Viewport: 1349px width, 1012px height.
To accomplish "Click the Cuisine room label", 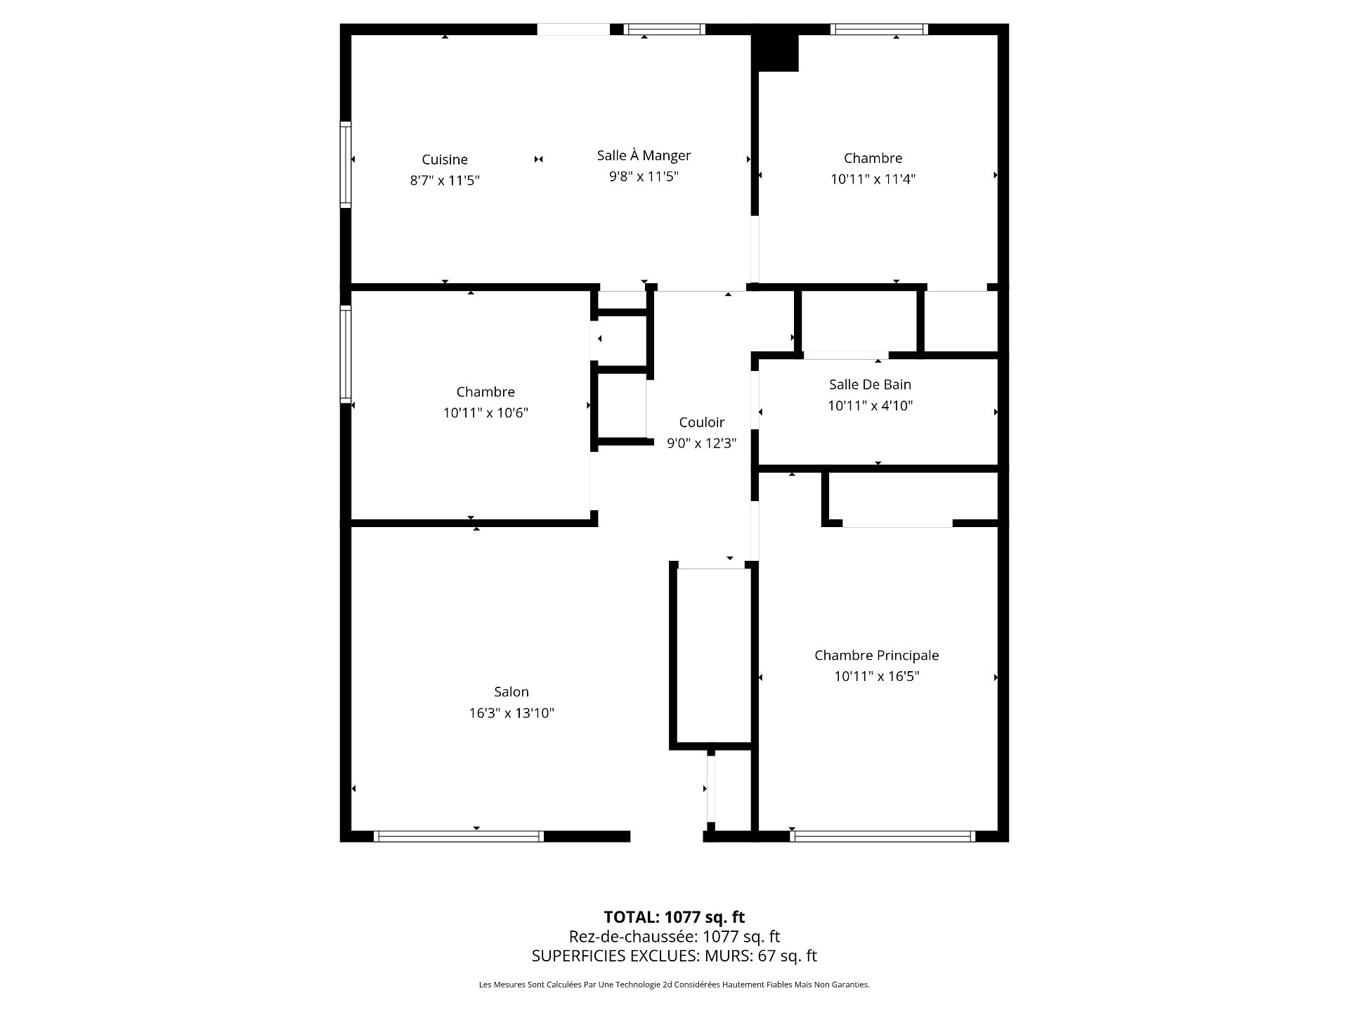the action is pyautogui.click(x=444, y=160).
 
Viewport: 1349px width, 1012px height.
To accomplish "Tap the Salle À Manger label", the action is pyautogui.click(x=644, y=155).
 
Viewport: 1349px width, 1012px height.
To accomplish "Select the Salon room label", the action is pyautogui.click(x=511, y=692).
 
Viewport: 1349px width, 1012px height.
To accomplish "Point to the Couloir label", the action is pyautogui.click(x=701, y=422).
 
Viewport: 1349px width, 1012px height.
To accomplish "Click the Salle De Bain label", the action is pyautogui.click(x=870, y=384).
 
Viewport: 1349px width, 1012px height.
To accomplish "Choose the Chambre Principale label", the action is pyautogui.click(x=876, y=655).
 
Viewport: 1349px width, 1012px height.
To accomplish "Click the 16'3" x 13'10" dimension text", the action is pyautogui.click(x=511, y=713).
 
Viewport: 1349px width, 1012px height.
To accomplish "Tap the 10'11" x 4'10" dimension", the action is pyautogui.click(x=870, y=406).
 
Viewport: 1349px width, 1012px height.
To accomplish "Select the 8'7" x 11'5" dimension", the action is pyautogui.click(x=445, y=181).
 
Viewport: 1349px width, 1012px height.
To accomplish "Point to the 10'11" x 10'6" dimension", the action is pyautogui.click(x=485, y=413).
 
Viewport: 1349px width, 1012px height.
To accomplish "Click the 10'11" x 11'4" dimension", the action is pyautogui.click(x=873, y=179).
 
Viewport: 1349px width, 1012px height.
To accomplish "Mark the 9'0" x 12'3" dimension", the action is pyautogui.click(x=701, y=443).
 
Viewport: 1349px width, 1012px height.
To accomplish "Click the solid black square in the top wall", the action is pyautogui.click(x=775, y=48).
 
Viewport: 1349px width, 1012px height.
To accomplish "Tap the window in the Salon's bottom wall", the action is pyautogui.click(x=459, y=836).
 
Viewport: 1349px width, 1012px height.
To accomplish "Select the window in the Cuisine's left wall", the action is pyautogui.click(x=346, y=164).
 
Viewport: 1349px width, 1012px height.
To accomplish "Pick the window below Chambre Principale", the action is pyautogui.click(x=882, y=836).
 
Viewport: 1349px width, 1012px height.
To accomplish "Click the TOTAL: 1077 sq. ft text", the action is pyautogui.click(x=674, y=917).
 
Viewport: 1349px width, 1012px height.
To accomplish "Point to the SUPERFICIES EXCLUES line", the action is pyautogui.click(x=674, y=956).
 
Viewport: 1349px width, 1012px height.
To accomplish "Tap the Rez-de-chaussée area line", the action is pyautogui.click(x=674, y=936).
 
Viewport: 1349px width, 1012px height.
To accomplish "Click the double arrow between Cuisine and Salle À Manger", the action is pyautogui.click(x=539, y=160).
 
